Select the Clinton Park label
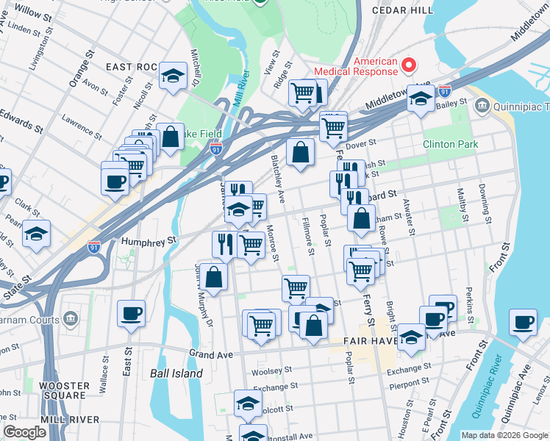(450, 144)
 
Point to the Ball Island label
(176, 373)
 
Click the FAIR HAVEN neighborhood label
(372, 341)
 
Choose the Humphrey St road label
(151, 240)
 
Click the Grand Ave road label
(212, 354)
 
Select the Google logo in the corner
(24, 432)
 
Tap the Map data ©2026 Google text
(504, 435)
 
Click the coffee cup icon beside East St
(131, 313)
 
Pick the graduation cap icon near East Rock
(173, 76)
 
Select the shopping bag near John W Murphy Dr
(213, 277)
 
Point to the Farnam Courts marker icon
(70, 319)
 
